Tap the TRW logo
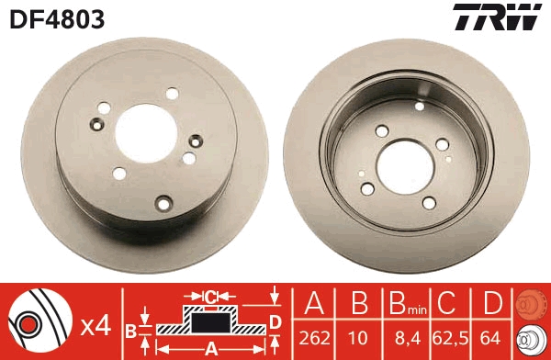(496, 17)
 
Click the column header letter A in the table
(314, 304)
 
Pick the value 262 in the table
(314, 338)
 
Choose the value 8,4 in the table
(401, 338)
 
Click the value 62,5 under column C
(447, 338)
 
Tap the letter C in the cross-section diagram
(210, 296)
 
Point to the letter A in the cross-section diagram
(209, 347)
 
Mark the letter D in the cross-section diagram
(275, 320)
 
